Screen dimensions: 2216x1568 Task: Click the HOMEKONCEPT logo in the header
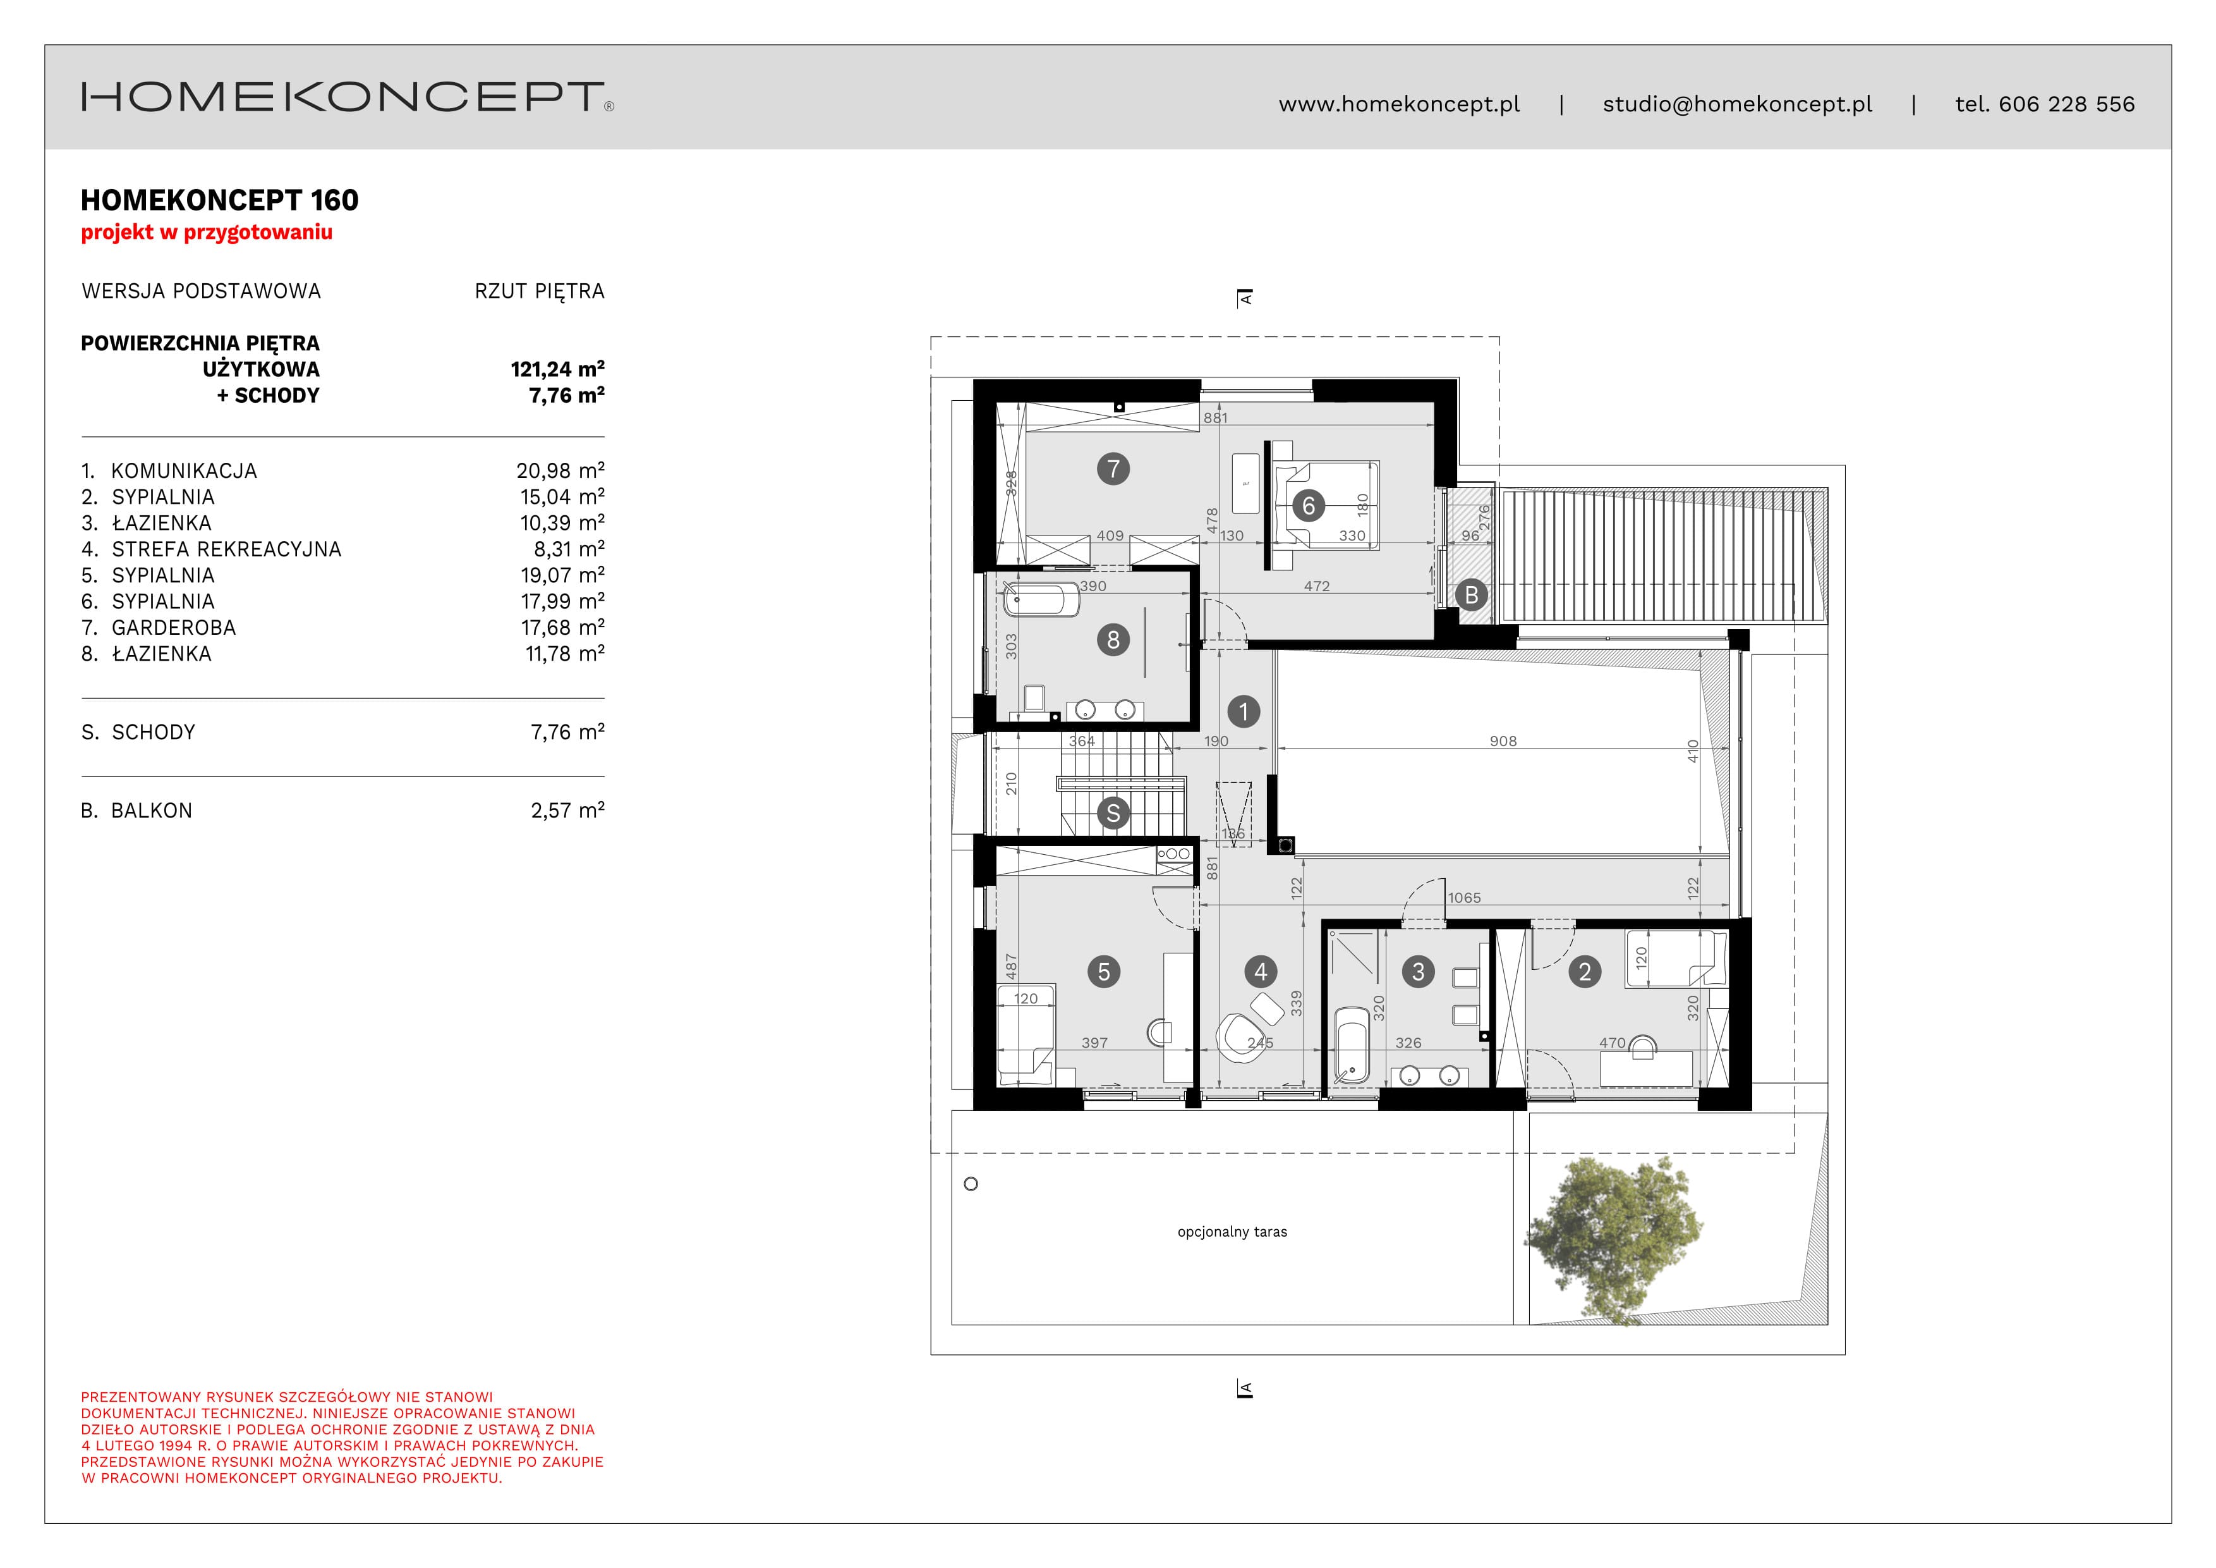(348, 97)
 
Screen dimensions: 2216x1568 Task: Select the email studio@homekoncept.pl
(1737, 104)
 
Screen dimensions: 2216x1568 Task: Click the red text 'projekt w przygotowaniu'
(207, 233)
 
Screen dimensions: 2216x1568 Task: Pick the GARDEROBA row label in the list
(174, 628)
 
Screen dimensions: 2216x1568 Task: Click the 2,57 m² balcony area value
(567, 811)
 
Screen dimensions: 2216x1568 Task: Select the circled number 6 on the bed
(1309, 505)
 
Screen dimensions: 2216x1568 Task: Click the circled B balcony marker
(1471, 595)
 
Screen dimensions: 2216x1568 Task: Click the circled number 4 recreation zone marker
(1261, 971)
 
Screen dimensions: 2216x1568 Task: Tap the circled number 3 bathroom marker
(1418, 971)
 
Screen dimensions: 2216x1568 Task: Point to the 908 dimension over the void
(1503, 742)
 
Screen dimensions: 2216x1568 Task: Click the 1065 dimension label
(1464, 898)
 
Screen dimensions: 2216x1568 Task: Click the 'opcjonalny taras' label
(1233, 1232)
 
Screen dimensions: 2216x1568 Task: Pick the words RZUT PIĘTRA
(540, 291)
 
